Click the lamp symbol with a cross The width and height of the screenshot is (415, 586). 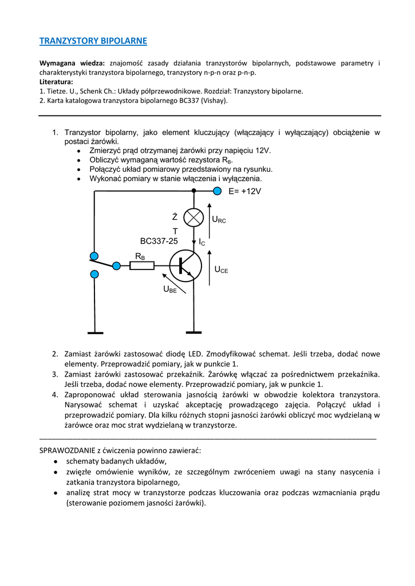(195, 217)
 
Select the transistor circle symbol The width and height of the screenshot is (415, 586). (185, 266)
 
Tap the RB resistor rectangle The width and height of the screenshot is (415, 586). (142, 266)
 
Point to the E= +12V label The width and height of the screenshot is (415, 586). (244, 192)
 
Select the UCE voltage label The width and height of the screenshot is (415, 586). (221, 270)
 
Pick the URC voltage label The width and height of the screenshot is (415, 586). (219, 219)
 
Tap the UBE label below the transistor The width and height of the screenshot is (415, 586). (170, 290)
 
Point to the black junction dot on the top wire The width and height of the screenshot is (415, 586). (194, 191)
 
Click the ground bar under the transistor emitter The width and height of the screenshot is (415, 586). (194, 332)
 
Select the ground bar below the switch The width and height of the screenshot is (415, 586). (95, 332)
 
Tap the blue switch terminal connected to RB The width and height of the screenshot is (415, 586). (117, 266)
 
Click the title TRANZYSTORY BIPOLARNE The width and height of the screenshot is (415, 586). (93, 41)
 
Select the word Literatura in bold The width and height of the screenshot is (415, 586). (56, 82)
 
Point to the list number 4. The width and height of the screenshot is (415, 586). (56, 394)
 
